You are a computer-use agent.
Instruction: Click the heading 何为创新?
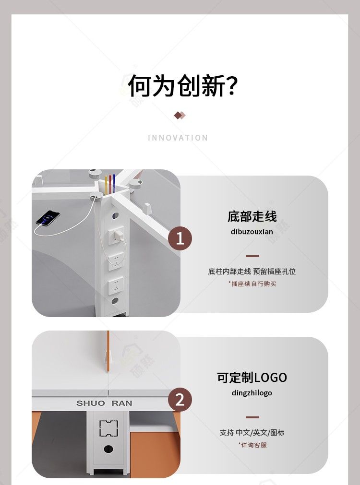point(183,85)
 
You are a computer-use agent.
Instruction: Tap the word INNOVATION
point(178,138)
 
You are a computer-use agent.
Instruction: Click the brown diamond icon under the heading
point(180,115)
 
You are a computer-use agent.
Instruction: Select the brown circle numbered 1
point(180,238)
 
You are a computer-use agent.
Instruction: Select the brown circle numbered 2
point(180,399)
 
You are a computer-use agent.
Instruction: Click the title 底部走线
point(252,216)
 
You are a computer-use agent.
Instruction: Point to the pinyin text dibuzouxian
point(252,232)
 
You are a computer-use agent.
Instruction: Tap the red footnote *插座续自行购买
point(252,284)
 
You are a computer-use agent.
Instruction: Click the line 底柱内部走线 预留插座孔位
point(252,271)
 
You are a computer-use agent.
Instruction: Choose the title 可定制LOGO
point(252,378)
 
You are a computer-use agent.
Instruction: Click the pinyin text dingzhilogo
point(252,393)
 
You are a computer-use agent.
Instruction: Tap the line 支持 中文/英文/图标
point(252,432)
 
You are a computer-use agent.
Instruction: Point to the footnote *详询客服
point(252,445)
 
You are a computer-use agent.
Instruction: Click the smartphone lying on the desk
point(48,217)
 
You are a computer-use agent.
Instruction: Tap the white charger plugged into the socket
point(119,236)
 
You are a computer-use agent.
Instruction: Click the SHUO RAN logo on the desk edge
point(104,403)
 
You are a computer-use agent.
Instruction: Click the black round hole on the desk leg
point(108,449)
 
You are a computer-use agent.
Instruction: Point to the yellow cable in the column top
point(106,185)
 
